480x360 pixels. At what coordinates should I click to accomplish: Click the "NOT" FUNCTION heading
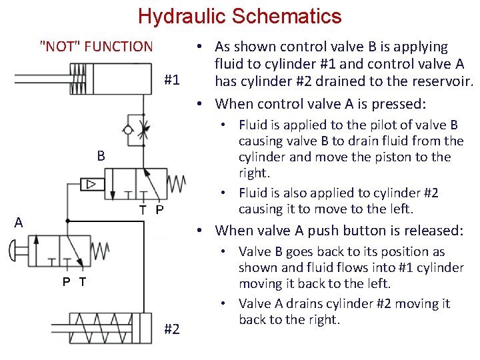(x=97, y=47)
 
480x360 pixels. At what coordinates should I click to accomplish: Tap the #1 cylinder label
(x=171, y=80)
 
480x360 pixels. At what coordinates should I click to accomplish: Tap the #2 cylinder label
(x=171, y=329)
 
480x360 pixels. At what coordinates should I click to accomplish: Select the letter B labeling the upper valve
(x=101, y=157)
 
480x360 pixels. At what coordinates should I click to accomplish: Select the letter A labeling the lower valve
(x=19, y=222)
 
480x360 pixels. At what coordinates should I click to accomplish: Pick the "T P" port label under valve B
(x=151, y=210)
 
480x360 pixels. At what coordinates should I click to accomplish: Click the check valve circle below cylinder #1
(x=129, y=129)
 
